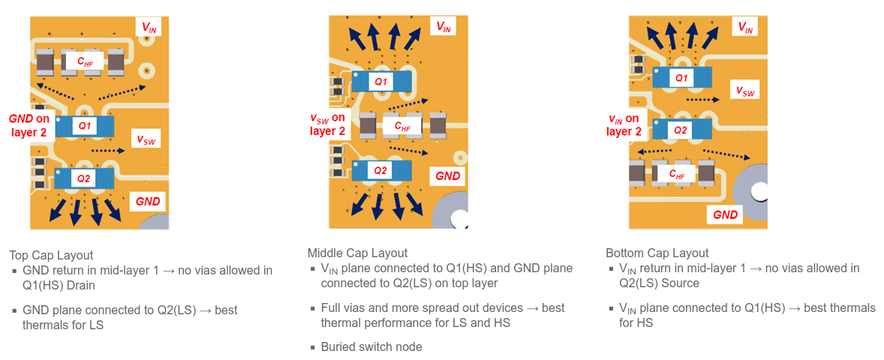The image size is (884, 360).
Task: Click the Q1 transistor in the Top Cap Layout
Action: coord(84,126)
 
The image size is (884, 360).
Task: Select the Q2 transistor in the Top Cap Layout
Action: coord(84,178)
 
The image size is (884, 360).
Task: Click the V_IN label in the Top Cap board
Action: coord(149,28)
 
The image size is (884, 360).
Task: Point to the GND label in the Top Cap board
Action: coord(147,201)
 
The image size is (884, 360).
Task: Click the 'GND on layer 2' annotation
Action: coord(29,125)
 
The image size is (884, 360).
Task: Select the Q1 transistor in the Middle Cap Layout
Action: coord(381,81)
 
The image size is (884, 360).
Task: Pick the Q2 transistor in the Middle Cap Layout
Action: coord(381,171)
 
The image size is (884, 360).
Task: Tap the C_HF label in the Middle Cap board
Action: coord(402,127)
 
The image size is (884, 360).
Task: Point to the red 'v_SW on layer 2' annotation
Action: coord(328,124)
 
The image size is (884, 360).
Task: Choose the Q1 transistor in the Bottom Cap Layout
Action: coord(681,77)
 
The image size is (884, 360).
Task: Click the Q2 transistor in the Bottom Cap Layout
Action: coord(681,129)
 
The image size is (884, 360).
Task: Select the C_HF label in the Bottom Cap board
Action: coord(676,175)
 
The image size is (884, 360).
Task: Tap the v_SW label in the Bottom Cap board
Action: coord(744,91)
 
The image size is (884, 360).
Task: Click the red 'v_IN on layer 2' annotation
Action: coord(624,125)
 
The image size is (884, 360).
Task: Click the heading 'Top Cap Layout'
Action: coord(51,255)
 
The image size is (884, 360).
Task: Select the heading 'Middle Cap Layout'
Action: coord(357,253)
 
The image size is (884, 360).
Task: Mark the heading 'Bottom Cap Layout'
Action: coord(657,253)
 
